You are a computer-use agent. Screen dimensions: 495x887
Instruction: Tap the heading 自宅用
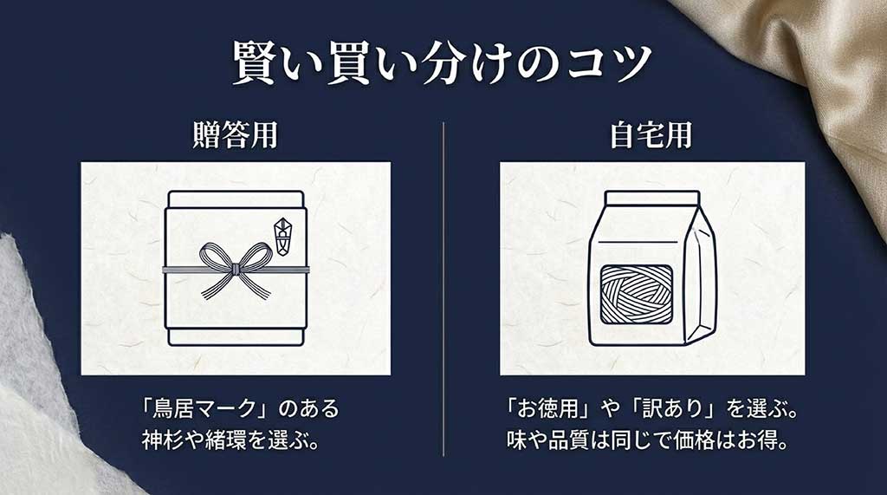coord(651,137)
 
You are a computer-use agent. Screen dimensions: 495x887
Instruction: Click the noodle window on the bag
coord(636,294)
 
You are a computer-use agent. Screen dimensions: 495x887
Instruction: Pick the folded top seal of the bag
coord(651,199)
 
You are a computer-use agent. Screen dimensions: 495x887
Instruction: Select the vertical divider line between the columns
coord(443,286)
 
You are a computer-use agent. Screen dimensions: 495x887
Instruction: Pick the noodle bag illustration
coord(651,269)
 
